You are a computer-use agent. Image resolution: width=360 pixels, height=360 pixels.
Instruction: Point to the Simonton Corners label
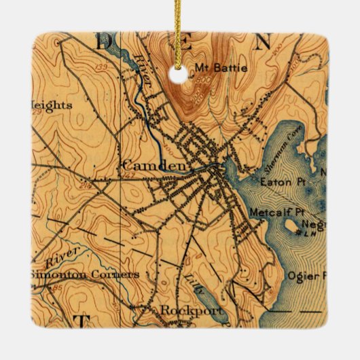(x=84, y=274)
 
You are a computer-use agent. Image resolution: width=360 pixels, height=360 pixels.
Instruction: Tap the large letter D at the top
(x=107, y=41)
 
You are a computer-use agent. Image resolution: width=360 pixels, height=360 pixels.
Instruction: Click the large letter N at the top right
(x=261, y=41)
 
